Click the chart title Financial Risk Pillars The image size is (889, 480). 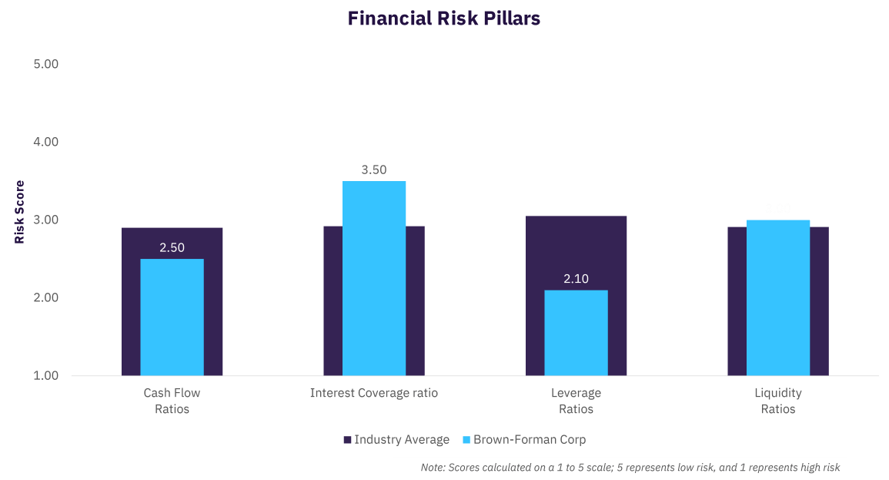point(444,18)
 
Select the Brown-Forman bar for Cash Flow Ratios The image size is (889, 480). point(172,317)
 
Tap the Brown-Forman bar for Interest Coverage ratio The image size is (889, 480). point(374,278)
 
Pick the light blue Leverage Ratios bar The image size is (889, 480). point(576,333)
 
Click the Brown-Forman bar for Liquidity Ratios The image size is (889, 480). point(778,297)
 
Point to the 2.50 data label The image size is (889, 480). point(172,248)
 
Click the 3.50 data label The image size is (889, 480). point(374,170)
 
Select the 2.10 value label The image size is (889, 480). point(576,279)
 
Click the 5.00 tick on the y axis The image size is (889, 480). point(46,65)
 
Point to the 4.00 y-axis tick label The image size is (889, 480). point(46,143)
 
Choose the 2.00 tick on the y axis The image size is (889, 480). point(46,298)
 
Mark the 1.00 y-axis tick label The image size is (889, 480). point(46,376)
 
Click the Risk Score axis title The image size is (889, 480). point(20,212)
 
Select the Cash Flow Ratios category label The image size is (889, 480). point(172,401)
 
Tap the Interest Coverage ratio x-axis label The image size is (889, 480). point(374,393)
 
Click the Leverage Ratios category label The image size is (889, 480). point(576,401)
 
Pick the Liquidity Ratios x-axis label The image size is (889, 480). point(778,401)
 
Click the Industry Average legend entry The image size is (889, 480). point(396,440)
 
